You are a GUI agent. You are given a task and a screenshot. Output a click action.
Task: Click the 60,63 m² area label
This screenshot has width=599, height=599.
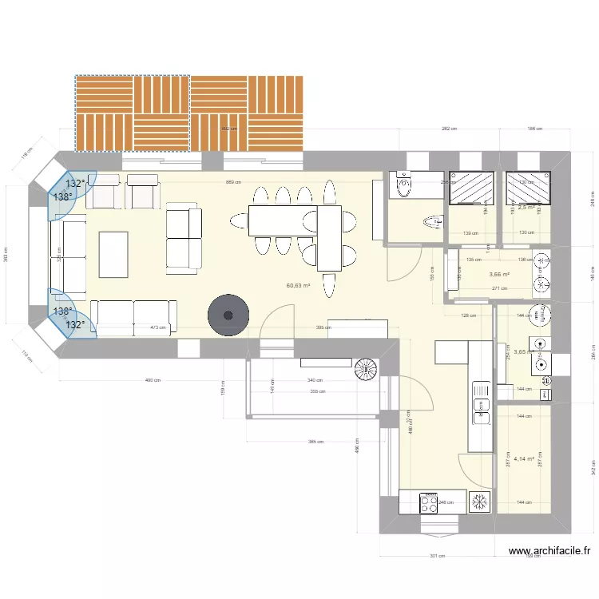(x=299, y=285)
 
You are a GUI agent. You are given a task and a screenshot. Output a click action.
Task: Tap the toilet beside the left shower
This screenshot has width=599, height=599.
(x=403, y=185)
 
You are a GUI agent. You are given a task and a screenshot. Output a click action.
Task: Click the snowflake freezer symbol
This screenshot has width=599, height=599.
(x=480, y=502)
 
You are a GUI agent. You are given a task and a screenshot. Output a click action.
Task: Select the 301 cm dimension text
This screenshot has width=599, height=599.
(x=436, y=557)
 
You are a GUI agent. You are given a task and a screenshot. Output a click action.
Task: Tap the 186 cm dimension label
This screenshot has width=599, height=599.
(x=534, y=129)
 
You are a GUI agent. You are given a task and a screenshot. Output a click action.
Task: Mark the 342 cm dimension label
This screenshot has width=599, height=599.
(x=592, y=469)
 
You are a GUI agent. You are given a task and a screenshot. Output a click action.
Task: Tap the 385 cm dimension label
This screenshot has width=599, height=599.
(x=316, y=441)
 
